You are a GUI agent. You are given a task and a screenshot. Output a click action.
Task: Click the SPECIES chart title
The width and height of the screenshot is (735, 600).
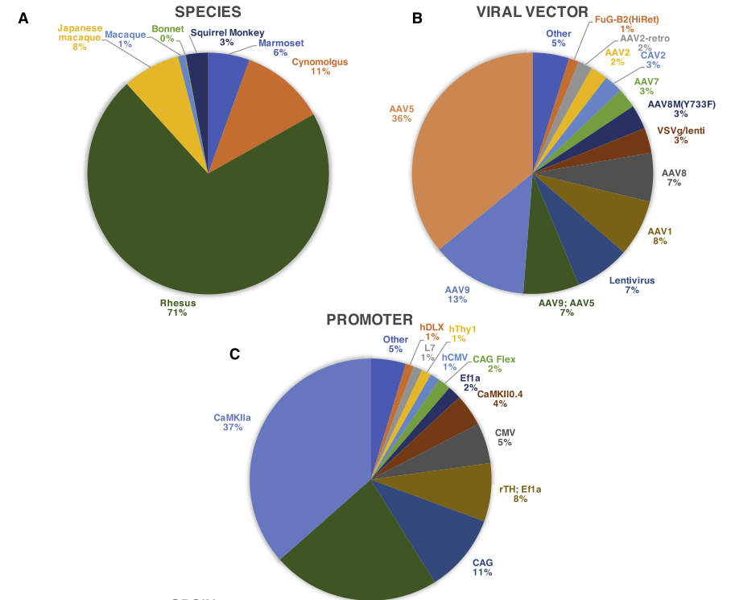tap(208, 12)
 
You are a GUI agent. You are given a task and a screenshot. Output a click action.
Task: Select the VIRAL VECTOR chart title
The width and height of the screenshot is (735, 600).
tap(533, 11)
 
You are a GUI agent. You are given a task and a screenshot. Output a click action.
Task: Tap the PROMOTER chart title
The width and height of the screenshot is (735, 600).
tap(370, 320)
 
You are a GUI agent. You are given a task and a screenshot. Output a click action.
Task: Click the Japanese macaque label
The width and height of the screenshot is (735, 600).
tap(79, 32)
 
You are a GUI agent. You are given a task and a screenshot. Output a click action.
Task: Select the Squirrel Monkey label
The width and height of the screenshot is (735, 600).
tap(227, 32)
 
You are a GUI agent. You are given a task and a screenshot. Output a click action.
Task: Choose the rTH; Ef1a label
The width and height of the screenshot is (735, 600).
tap(520, 488)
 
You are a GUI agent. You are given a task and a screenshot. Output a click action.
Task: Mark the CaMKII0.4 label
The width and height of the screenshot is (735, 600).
tap(500, 393)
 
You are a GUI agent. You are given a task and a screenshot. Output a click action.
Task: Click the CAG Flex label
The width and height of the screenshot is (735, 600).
tap(493, 359)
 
